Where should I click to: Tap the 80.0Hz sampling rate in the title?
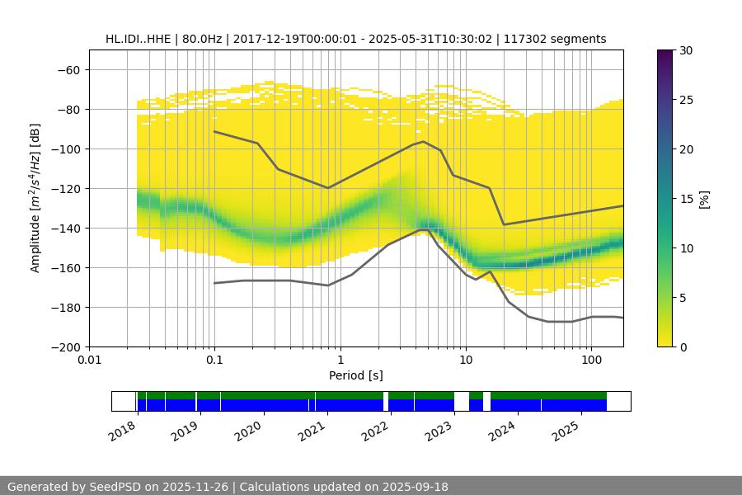coord(199,39)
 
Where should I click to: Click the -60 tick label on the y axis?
coord(68,69)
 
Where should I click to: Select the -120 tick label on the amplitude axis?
coord(64,188)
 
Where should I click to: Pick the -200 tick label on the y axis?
coord(64,346)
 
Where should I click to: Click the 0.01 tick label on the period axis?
coord(89,361)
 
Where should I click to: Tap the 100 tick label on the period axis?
coord(590,361)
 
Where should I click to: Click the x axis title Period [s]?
coord(355,376)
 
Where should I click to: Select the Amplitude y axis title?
coord(35,198)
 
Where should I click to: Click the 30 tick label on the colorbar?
coord(686,50)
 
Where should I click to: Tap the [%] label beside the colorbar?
coord(704,199)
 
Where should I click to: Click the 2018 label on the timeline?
coord(123,431)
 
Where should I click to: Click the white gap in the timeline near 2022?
coord(386,401)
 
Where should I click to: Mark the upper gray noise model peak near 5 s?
coord(424,141)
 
